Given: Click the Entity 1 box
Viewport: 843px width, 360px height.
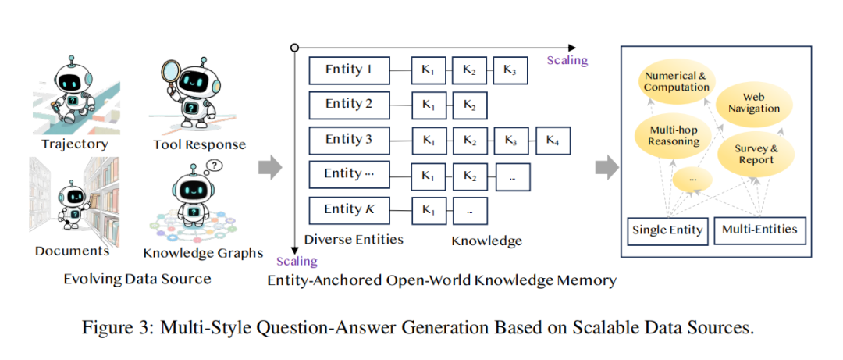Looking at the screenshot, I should pos(348,70).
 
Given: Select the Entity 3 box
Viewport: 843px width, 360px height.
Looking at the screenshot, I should pos(348,140).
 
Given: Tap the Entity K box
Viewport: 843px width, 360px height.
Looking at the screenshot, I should pos(348,209).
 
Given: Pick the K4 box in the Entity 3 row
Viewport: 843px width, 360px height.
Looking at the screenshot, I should pos(553,140).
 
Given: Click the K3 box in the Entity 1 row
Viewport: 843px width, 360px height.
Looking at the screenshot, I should pos(509,70).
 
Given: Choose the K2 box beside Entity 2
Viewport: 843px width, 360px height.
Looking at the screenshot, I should pos(468,105).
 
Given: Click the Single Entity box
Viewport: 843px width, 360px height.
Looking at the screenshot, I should pos(666,230).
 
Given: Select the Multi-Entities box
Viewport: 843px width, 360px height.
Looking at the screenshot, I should pos(759,229).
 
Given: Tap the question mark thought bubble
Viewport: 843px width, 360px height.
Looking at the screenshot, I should pos(215,166).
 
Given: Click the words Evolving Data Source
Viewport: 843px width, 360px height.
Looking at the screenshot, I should pos(137,279).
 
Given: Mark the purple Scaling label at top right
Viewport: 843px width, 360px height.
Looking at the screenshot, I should pos(567,60).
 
